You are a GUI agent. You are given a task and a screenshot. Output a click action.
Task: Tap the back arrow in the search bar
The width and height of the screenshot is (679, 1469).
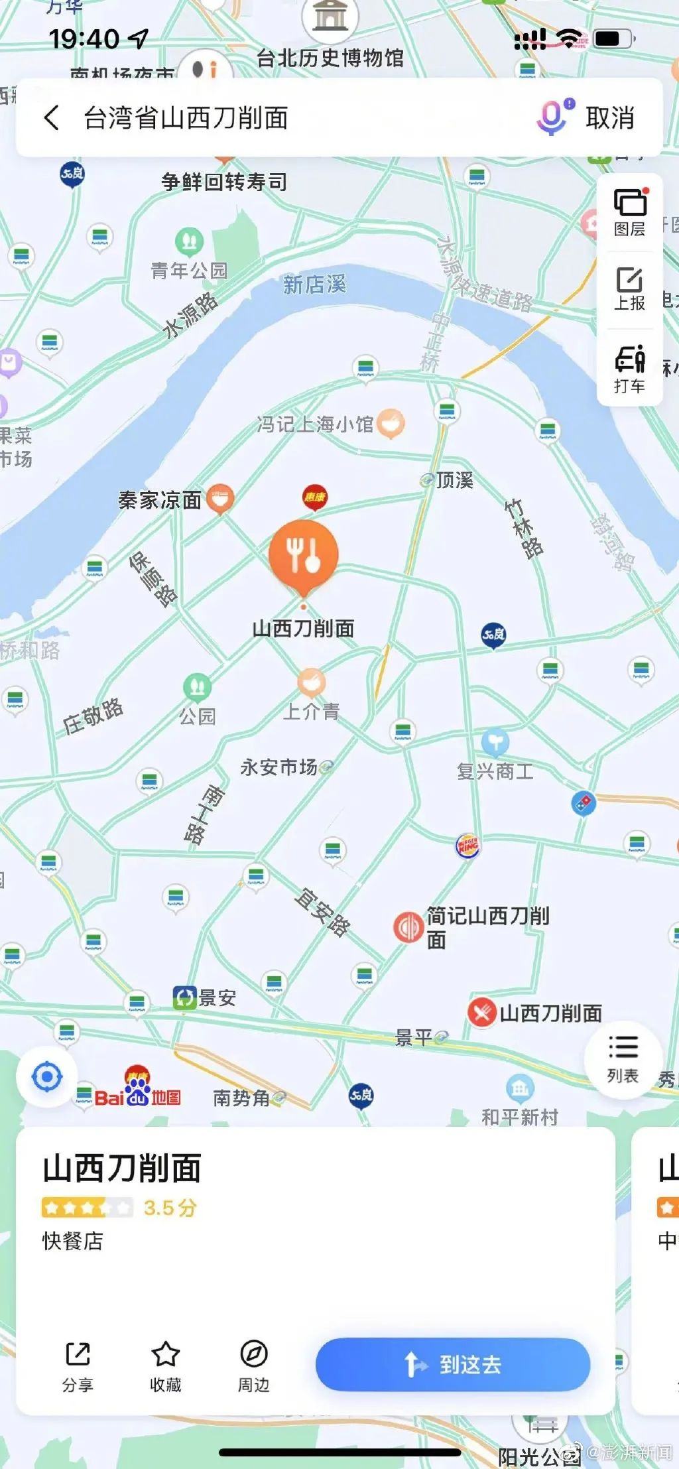[52, 118]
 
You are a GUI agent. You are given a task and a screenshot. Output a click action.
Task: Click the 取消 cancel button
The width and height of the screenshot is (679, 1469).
[610, 118]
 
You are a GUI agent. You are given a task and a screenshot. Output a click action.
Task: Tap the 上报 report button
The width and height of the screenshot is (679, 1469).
[629, 288]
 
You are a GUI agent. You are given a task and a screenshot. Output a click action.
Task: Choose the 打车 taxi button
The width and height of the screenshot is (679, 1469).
[629, 369]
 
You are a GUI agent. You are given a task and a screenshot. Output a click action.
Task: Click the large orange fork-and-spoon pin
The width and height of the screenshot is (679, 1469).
[304, 556]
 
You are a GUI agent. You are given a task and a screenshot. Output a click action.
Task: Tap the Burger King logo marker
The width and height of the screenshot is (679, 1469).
[467, 846]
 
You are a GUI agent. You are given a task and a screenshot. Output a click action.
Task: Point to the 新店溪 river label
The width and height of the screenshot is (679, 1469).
[314, 285]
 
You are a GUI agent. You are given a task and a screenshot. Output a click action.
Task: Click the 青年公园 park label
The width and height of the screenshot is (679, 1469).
[189, 270]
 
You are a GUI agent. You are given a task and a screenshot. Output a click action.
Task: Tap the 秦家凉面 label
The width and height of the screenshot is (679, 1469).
[160, 500]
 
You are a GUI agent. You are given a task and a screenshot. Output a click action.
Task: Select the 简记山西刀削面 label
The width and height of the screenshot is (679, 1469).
[487, 927]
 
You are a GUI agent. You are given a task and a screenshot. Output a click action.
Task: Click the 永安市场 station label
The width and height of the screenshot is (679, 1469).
[279, 767]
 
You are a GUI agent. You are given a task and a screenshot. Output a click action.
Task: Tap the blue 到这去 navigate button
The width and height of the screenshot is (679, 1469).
[452, 1364]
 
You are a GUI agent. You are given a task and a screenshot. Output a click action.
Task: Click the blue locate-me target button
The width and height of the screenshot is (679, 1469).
[47, 1077]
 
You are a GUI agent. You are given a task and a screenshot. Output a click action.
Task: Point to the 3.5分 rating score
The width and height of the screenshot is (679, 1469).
[170, 1208]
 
